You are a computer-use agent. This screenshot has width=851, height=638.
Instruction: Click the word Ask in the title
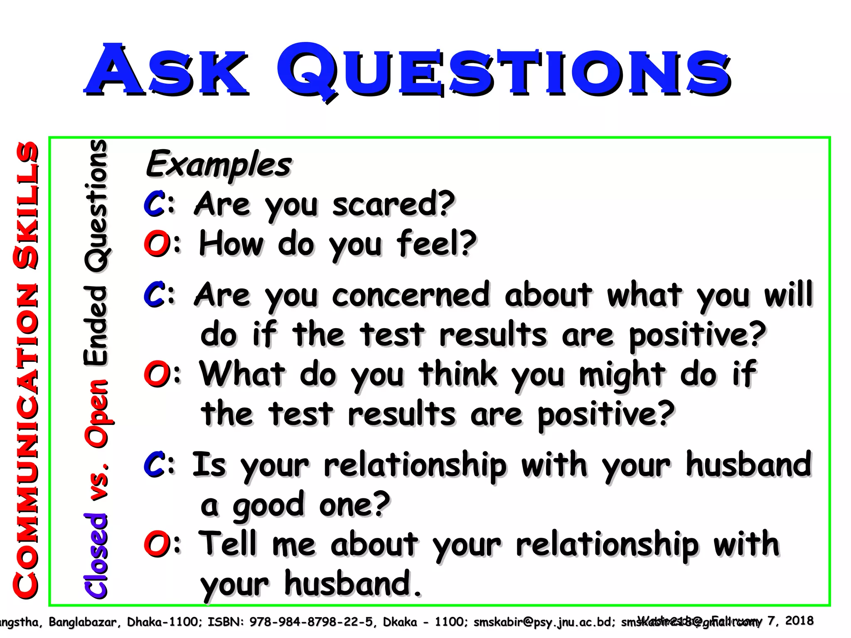point(166,70)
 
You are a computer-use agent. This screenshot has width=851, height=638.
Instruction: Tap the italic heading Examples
point(219,164)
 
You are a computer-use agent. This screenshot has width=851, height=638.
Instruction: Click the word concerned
point(411,295)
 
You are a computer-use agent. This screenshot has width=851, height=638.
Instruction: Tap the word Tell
point(228,544)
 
